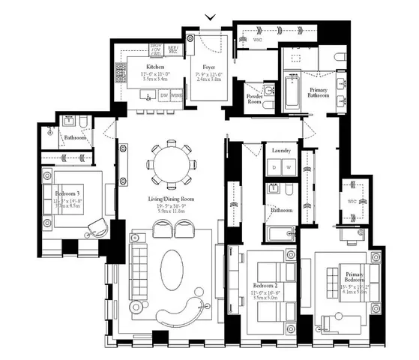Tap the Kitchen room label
pos(155,67)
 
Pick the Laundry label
pos(281,151)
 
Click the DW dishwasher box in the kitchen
pos(164,96)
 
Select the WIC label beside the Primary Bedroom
pos(352,202)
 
